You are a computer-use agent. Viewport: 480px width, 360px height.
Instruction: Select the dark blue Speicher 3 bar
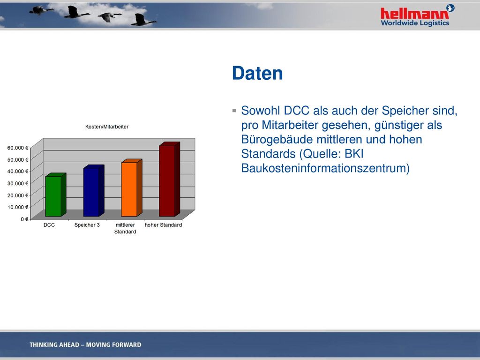[94, 190]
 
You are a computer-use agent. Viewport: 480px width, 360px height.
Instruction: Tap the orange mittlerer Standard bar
[132, 187]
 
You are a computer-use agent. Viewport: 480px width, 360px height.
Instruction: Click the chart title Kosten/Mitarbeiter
[107, 127]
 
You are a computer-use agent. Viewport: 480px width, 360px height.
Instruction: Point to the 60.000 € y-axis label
[18, 148]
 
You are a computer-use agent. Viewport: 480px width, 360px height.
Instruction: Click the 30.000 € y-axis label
[18, 183]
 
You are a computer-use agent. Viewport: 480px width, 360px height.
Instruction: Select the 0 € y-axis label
[24, 219]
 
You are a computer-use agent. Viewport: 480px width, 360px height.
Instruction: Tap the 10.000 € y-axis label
[18, 207]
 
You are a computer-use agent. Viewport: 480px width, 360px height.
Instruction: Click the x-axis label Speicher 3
[87, 225]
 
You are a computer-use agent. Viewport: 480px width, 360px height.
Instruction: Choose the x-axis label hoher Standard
[163, 225]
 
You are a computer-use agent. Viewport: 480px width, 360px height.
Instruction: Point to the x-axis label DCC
[49, 225]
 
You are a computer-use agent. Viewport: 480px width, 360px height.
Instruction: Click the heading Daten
[257, 73]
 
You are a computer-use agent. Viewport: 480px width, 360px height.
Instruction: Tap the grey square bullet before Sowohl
[234, 111]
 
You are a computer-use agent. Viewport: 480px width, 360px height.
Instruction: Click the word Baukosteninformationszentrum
[325, 168]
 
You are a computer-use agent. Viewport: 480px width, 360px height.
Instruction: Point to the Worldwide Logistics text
[415, 23]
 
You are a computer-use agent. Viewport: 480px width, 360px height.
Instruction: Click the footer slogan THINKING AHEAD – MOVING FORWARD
[85, 345]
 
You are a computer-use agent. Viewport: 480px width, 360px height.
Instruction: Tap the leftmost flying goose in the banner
[40, 10]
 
